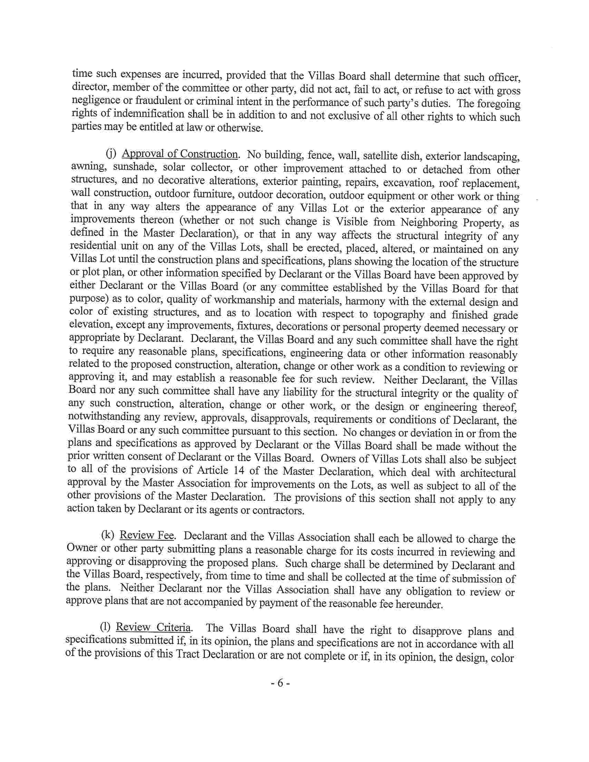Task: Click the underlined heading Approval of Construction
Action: [180, 154]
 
